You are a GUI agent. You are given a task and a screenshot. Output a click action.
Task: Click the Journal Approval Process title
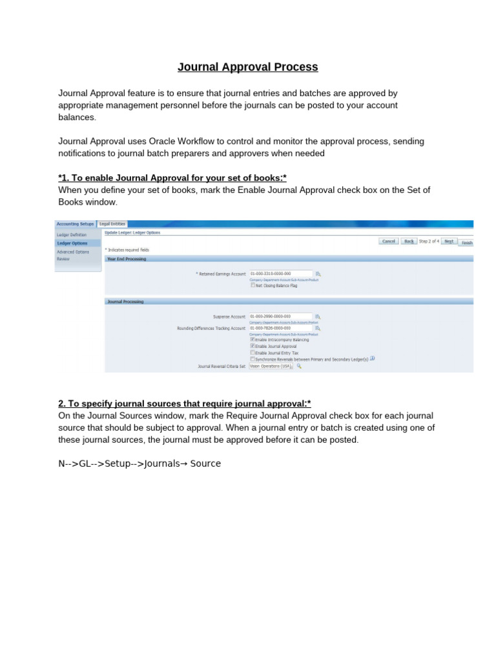tap(248, 67)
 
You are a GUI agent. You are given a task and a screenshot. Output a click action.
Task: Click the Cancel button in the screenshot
tap(389, 241)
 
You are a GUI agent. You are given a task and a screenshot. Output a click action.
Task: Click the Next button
tap(449, 241)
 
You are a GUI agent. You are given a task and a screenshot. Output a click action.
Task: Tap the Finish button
tap(466, 243)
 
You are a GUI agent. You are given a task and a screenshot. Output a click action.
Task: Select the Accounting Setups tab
tap(75, 223)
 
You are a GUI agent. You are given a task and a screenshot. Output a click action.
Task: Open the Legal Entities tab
tap(112, 223)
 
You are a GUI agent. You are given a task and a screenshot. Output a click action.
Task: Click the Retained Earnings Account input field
tap(281, 273)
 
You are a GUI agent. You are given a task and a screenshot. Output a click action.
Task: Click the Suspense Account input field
tap(281, 316)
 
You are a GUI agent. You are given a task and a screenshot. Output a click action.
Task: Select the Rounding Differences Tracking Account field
tap(281, 328)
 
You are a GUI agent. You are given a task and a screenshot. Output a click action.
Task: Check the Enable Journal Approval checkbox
tap(253, 346)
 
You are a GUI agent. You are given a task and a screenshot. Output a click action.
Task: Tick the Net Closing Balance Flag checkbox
tap(253, 285)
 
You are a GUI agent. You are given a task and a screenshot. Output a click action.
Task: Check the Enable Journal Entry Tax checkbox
tap(253, 353)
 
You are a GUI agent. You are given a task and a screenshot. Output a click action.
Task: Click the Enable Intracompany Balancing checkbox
tap(253, 339)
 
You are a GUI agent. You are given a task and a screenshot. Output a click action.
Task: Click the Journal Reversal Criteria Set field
tap(271, 366)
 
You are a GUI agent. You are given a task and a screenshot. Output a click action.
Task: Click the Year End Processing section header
tap(127, 259)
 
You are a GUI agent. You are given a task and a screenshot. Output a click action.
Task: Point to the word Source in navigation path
tap(205, 463)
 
